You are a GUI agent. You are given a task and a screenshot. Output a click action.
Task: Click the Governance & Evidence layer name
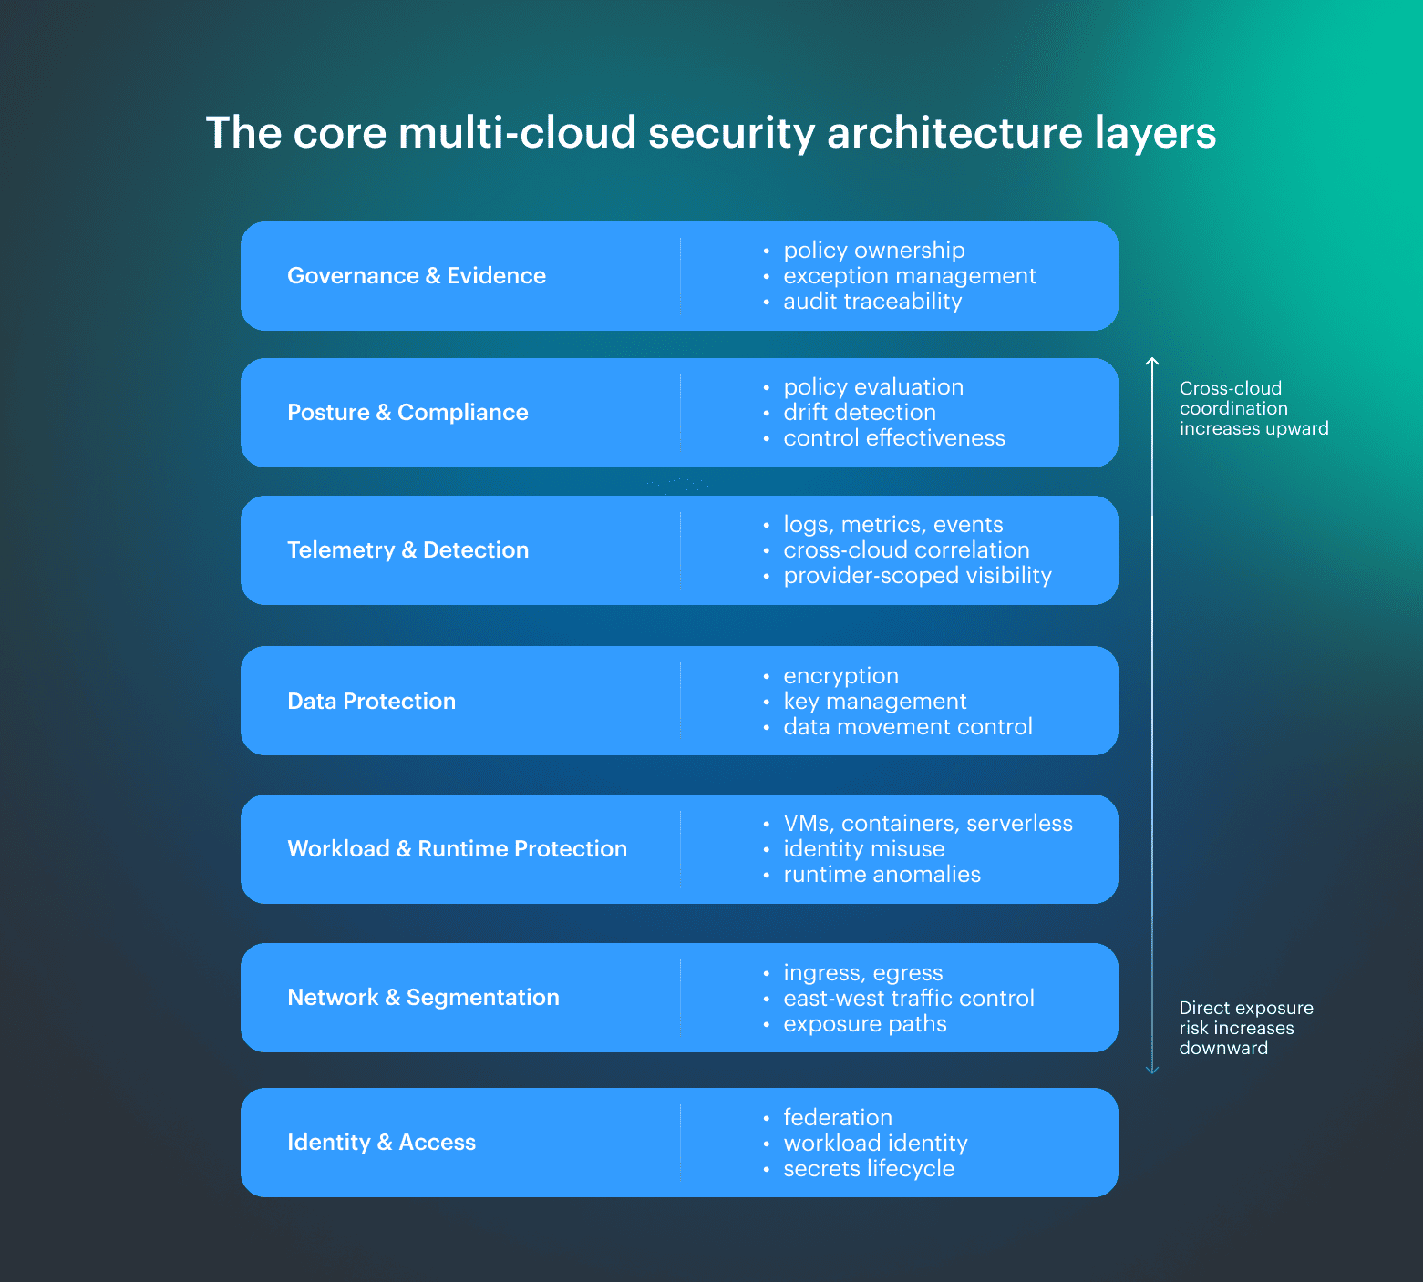pos(417,276)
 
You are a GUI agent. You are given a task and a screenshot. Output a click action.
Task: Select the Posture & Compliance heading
pos(407,413)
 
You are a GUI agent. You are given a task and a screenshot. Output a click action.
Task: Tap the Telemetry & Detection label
pos(407,550)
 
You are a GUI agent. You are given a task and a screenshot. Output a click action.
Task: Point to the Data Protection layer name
pos(371,702)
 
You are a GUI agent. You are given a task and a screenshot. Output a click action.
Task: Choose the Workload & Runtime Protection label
pos(457,849)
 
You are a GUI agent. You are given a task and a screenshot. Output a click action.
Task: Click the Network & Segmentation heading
pos(423,998)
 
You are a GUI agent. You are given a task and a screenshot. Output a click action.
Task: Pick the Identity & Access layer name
pos(381,1143)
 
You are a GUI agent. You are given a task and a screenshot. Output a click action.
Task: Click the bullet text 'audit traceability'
pos(872,302)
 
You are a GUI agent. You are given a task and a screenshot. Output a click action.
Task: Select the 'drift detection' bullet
pos(860,413)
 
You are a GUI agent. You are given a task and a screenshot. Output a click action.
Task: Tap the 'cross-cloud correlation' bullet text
pos(906,550)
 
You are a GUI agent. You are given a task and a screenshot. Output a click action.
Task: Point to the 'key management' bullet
pos(875,702)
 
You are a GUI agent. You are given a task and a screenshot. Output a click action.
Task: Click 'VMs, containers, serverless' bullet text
pos(928,824)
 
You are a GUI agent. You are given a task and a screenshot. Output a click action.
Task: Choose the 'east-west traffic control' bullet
pos(909,999)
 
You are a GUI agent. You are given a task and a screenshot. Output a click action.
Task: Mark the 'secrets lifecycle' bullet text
pos(869,1169)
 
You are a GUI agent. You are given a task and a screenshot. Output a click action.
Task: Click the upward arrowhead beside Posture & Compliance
pos(1152,363)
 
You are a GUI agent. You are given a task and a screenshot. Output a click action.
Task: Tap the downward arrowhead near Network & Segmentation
pos(1152,1070)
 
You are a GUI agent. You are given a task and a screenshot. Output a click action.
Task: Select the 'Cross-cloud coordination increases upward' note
pos(1253,408)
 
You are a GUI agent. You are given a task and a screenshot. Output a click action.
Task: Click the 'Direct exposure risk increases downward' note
pos(1245,1028)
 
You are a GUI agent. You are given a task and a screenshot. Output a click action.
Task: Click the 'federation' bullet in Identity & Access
pos(838,1118)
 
